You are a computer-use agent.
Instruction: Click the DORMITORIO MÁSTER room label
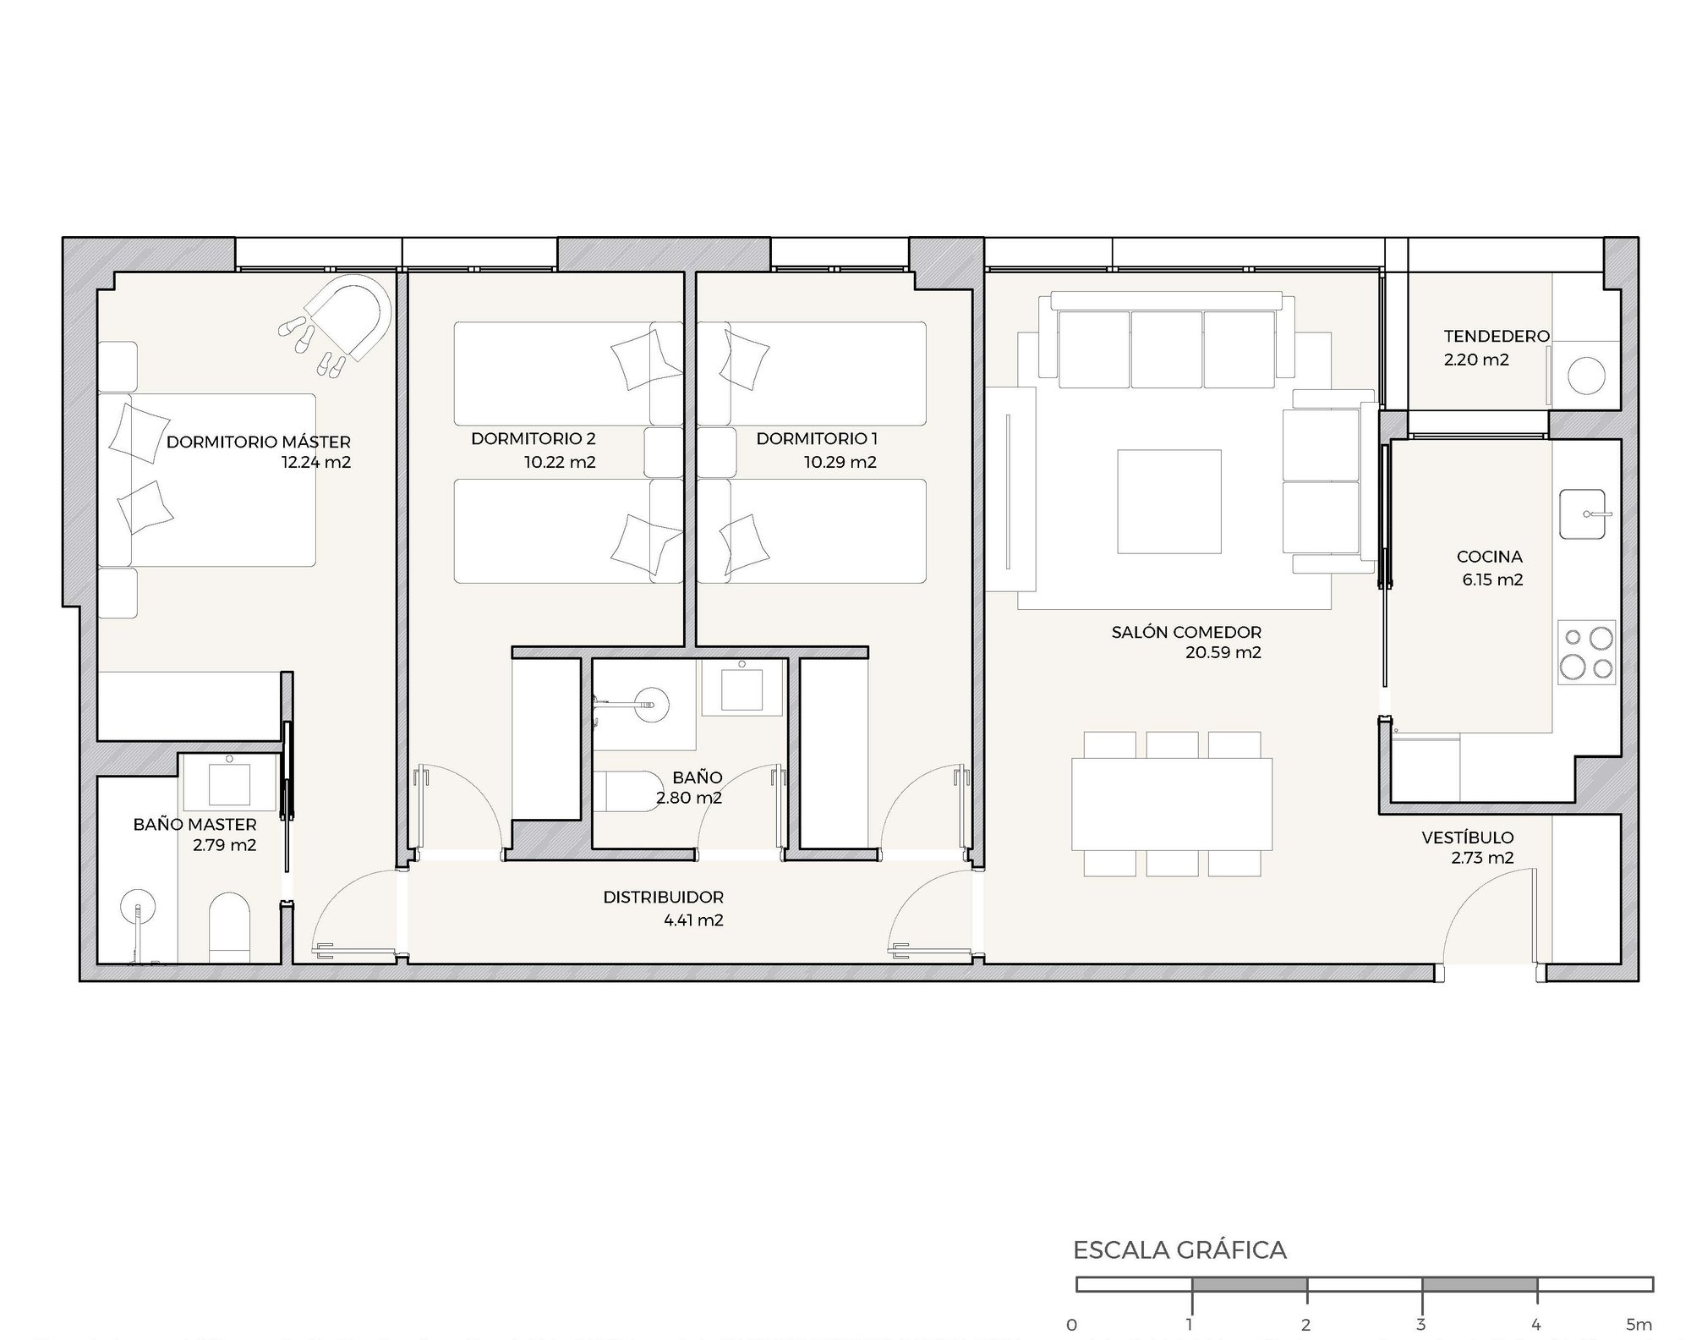258,442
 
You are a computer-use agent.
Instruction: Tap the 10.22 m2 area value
560,462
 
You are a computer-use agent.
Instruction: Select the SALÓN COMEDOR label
1186,632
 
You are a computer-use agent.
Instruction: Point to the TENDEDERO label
1497,336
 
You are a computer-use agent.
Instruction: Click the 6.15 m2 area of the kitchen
1492,579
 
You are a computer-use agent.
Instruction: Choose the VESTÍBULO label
1468,837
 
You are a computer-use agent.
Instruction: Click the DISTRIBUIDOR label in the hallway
663,897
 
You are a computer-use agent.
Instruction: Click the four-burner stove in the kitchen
1586,652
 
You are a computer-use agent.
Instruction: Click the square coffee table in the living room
1169,502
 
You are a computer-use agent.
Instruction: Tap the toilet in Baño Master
229,927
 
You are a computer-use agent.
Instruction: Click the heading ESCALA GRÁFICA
1179,1250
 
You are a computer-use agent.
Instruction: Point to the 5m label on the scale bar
1638,1325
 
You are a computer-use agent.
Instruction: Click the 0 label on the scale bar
1072,1325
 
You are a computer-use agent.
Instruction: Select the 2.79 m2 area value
224,844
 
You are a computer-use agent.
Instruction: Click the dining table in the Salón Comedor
1172,804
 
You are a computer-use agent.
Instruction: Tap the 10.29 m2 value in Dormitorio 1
840,462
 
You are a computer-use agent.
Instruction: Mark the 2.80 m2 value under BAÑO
689,797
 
